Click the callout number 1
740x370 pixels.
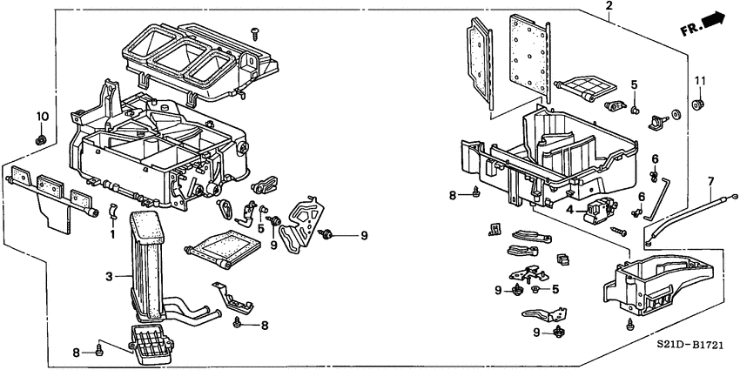[111, 235]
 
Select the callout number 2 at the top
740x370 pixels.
[609, 7]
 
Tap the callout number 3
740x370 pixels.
[110, 277]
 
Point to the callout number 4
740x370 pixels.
[568, 210]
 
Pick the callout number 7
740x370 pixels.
[710, 181]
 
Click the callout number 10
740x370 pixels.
[40, 116]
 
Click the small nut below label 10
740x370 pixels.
[40, 139]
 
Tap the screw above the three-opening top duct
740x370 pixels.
[255, 33]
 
